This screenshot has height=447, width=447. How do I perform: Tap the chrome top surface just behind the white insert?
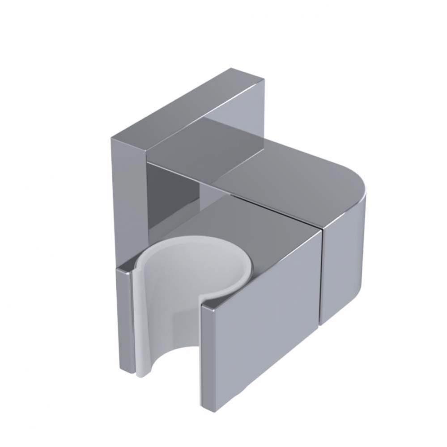pos(251,232)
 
